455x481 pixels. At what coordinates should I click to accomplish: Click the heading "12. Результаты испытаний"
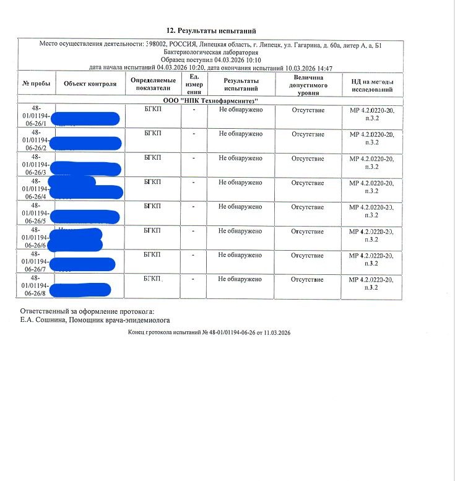211,30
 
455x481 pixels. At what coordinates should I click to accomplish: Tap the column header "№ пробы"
36,83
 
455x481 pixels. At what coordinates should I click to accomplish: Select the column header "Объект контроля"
90,83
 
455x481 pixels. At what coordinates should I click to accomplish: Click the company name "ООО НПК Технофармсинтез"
210,100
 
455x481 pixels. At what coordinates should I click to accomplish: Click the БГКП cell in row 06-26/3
152,158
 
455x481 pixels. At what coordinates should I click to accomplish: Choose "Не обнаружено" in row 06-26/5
241,207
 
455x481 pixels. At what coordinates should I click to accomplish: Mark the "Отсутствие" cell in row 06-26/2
308,134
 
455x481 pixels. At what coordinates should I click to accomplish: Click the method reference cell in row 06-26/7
372,259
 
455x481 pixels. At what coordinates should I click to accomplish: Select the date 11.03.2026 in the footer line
277,332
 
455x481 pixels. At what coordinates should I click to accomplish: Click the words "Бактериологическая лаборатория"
211,52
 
